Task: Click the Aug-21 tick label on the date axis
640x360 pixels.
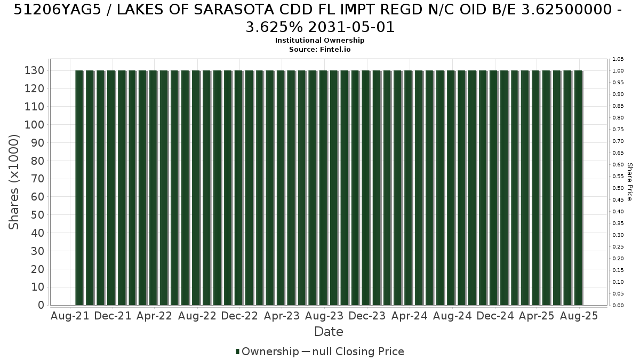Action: [x=70, y=316]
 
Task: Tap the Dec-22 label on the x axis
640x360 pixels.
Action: [x=239, y=316]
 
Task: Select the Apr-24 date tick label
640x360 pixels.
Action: [x=410, y=316]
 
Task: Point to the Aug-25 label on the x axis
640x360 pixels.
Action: [x=579, y=316]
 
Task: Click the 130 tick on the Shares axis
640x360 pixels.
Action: [x=34, y=70]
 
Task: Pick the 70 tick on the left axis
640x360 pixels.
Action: [x=38, y=179]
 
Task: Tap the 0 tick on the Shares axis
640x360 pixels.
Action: [x=41, y=305]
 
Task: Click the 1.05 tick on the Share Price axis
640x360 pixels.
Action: [x=618, y=59]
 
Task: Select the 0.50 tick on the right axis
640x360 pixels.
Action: [x=618, y=188]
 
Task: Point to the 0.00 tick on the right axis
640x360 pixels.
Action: [x=618, y=306]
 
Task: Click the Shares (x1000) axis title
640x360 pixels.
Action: [x=13, y=182]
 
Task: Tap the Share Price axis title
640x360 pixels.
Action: [x=630, y=182]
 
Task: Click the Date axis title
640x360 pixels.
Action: [x=329, y=332]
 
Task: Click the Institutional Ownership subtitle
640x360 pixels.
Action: [x=319, y=41]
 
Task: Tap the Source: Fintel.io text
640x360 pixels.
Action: [x=319, y=50]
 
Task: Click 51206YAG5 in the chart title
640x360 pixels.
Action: [x=58, y=10]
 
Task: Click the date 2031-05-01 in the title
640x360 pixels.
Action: [x=351, y=27]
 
